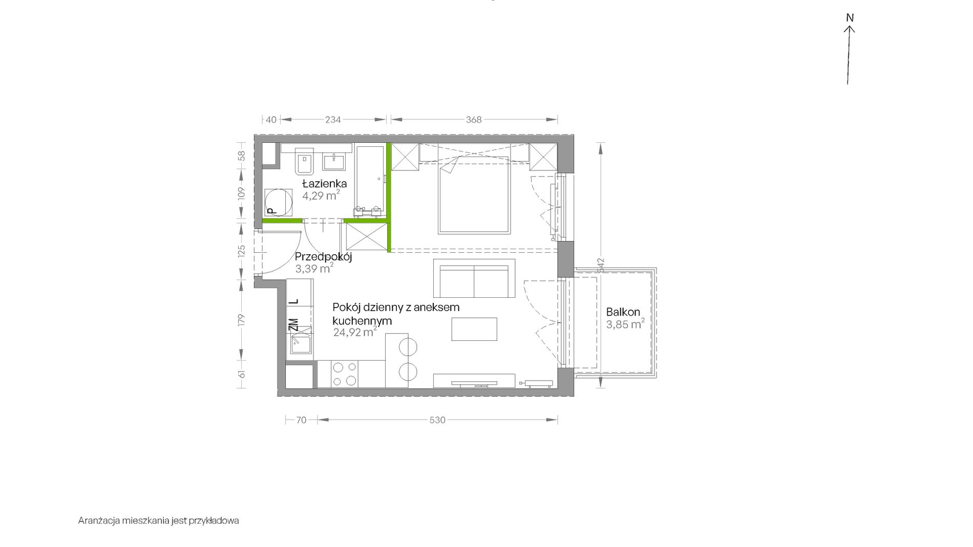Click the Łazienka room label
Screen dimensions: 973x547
click(324, 183)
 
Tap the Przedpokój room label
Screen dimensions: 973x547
click(323, 257)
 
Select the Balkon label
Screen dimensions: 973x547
click(623, 312)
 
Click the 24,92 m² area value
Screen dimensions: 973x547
click(355, 332)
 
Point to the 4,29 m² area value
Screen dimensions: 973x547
click(321, 195)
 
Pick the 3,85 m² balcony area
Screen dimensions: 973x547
click(625, 324)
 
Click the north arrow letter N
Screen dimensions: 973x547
click(850, 18)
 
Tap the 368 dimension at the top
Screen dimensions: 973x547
click(474, 120)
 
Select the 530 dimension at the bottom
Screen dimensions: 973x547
click(437, 420)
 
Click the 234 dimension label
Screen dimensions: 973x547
click(333, 120)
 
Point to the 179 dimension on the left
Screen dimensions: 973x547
click(242, 320)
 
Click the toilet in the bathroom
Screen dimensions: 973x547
click(304, 162)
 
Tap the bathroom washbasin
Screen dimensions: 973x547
click(335, 161)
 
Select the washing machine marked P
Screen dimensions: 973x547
click(278, 202)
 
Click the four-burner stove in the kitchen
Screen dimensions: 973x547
click(344, 374)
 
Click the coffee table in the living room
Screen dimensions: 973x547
click(474, 329)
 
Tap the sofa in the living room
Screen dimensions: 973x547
click(474, 278)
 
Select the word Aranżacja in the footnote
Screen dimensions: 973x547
click(98, 521)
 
